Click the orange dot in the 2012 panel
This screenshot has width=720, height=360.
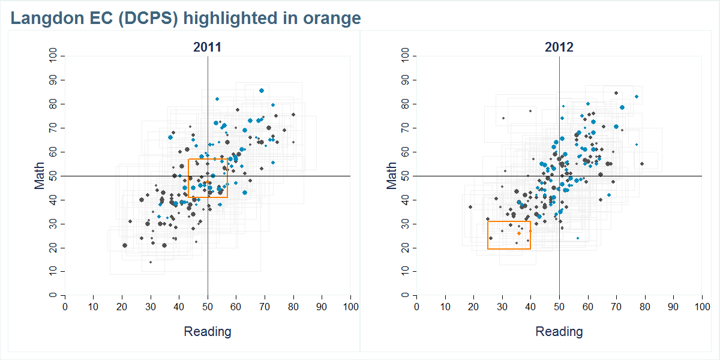click(519, 233)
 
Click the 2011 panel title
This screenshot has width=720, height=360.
click(207, 47)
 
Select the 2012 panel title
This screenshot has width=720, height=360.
click(559, 47)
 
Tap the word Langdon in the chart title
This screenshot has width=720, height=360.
click(42, 19)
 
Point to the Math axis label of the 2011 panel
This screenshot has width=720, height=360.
click(40, 176)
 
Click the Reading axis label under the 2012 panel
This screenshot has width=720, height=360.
click(559, 331)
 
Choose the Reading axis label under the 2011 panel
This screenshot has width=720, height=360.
click(207, 331)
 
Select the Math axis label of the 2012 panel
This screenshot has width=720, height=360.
click(391, 176)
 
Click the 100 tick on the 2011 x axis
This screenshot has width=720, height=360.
click(350, 307)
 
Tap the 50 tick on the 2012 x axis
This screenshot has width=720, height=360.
click(559, 307)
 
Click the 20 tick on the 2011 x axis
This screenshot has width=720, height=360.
click(122, 307)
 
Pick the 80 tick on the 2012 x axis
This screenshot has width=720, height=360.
click(645, 307)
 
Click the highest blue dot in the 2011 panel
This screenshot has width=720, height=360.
click(262, 91)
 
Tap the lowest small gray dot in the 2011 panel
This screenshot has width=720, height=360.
click(151, 262)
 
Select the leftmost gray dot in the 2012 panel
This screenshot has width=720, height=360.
click(470, 207)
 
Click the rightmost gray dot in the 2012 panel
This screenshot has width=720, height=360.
click(641, 164)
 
